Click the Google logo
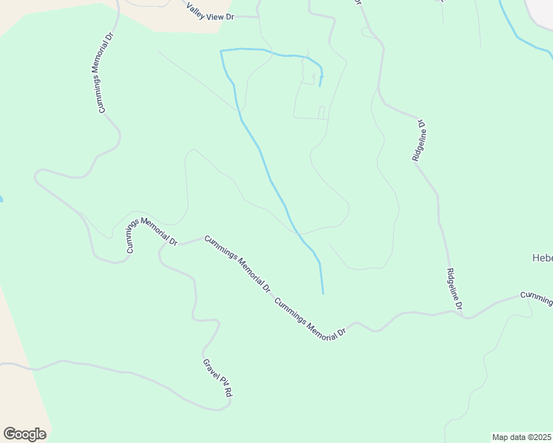point(24,434)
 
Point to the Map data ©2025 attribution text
point(521,437)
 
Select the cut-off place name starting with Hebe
point(542,258)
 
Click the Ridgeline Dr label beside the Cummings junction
point(454,289)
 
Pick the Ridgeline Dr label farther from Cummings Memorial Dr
point(419,140)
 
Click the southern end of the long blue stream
point(323,292)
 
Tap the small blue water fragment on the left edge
point(1,199)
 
